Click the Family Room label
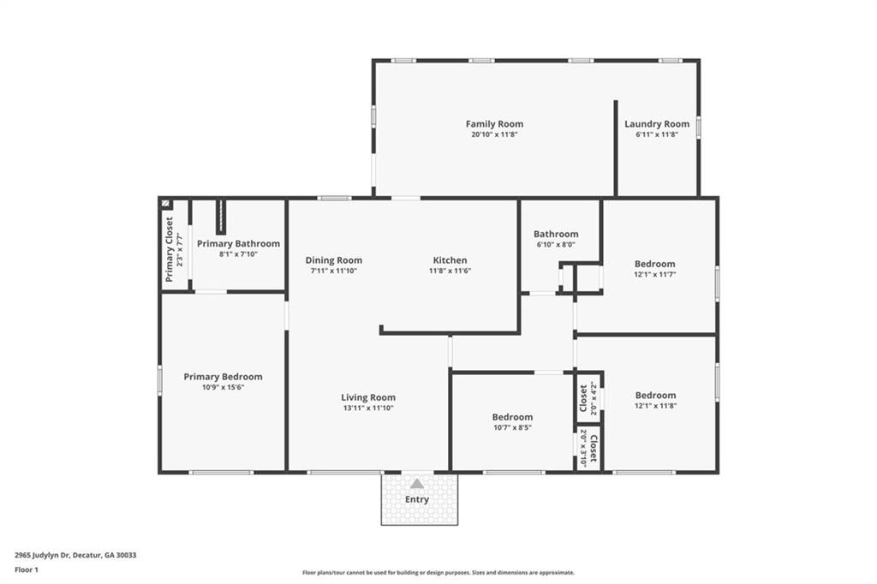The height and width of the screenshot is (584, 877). (x=494, y=124)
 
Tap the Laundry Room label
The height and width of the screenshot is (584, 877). (x=656, y=124)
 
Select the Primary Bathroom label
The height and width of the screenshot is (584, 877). (x=238, y=244)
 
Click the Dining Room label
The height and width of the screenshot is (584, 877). (x=333, y=260)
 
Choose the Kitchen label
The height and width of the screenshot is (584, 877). (x=450, y=260)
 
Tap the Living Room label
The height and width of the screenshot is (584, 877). (x=367, y=397)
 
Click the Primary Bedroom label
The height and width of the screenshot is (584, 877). (x=223, y=377)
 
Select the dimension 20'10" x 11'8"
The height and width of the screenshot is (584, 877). (x=494, y=134)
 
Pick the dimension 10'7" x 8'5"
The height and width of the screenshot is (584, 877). (x=512, y=427)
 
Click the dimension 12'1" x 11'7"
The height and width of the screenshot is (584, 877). (x=655, y=274)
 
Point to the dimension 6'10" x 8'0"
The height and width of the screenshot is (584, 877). (x=555, y=244)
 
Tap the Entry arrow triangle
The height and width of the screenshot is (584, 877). (x=416, y=484)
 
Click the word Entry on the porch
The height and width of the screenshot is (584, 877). (x=417, y=499)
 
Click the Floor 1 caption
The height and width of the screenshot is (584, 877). (x=27, y=569)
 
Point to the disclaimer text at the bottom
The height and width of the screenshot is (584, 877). (x=438, y=573)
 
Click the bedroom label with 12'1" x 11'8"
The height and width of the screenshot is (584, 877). (x=655, y=396)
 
